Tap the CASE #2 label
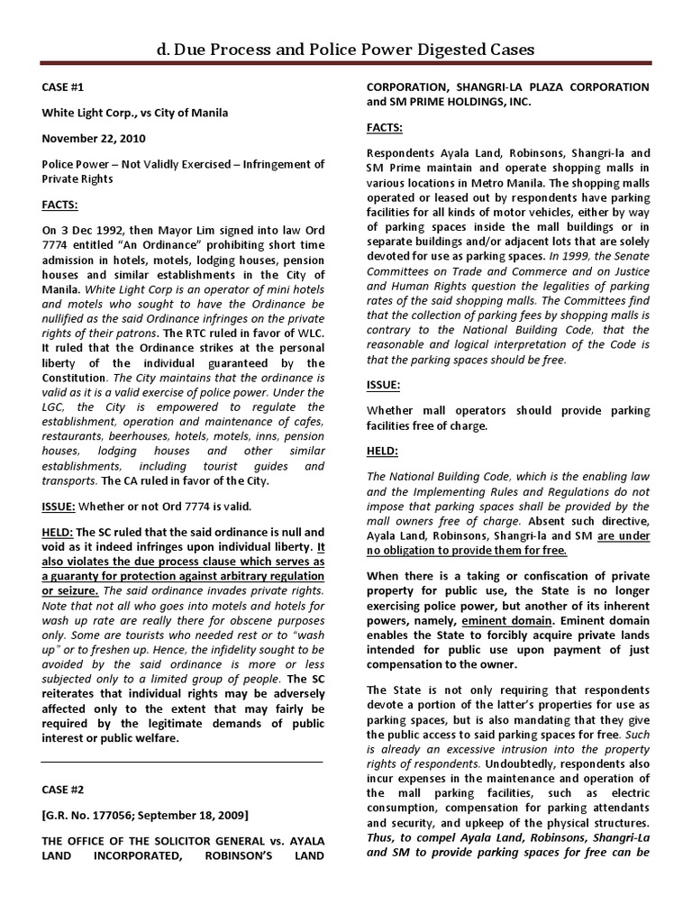tap(64, 789)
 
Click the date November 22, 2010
tap(94, 139)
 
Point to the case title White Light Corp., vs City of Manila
tap(135, 113)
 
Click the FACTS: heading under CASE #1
tap(60, 206)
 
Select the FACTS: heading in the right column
tap(384, 127)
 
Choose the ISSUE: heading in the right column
tap(383, 385)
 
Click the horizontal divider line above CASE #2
tap(182, 762)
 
